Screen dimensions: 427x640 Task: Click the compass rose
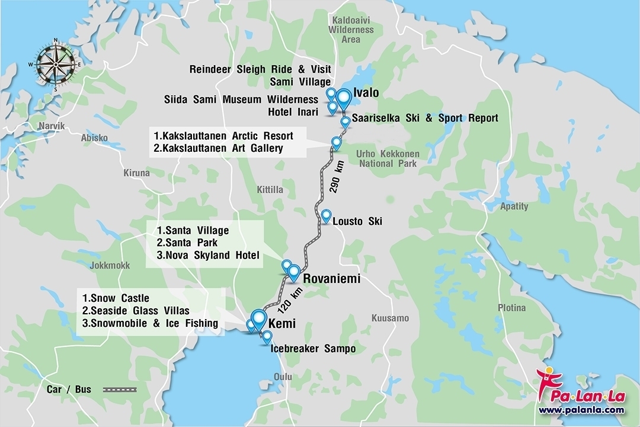point(56,64)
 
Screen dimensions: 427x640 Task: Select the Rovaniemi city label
point(331,278)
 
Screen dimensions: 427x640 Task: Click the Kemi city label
point(282,324)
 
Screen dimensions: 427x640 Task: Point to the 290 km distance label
point(340,179)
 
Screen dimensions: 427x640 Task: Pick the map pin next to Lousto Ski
point(326,216)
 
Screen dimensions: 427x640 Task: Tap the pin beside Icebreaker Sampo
point(267,336)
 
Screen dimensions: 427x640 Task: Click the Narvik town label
point(50,126)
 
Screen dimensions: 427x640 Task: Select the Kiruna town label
point(136,173)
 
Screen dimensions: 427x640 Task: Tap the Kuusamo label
point(390,318)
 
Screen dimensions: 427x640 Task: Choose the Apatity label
point(514,206)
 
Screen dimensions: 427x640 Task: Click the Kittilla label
point(270,190)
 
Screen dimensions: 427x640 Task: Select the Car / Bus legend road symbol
point(120,390)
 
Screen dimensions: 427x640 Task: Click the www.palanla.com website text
point(581,410)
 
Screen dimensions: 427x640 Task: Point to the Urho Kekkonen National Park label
point(388,158)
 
